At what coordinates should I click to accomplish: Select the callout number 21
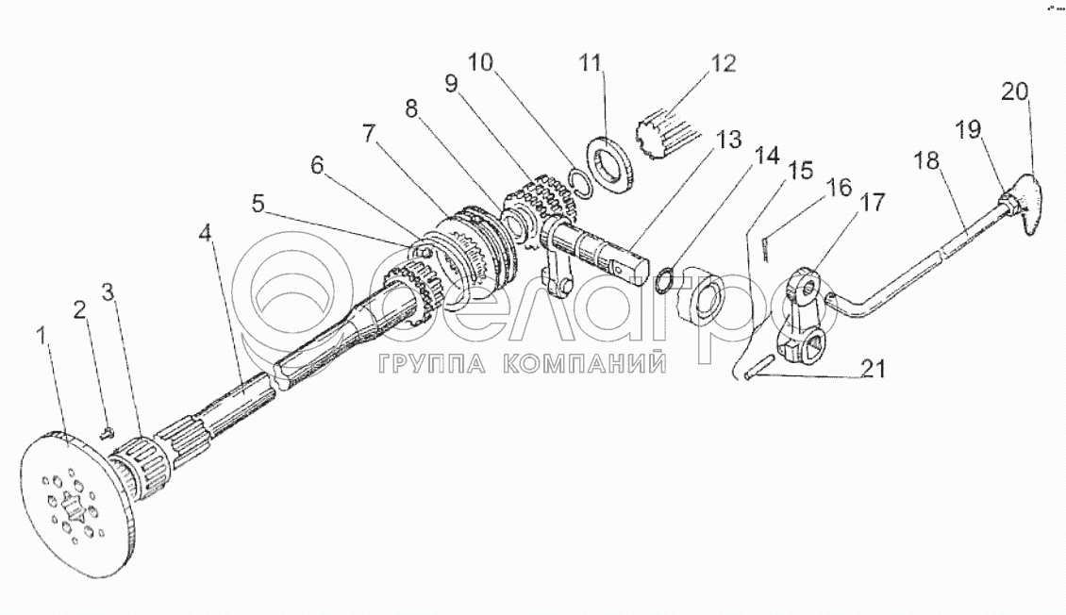click(874, 370)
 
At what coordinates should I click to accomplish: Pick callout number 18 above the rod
click(927, 160)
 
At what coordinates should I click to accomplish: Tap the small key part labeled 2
click(106, 434)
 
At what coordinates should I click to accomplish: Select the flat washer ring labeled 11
click(610, 167)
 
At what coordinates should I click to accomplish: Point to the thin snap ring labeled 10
click(580, 182)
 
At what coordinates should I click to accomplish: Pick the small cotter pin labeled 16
click(766, 247)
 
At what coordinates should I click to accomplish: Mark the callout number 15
click(800, 172)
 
